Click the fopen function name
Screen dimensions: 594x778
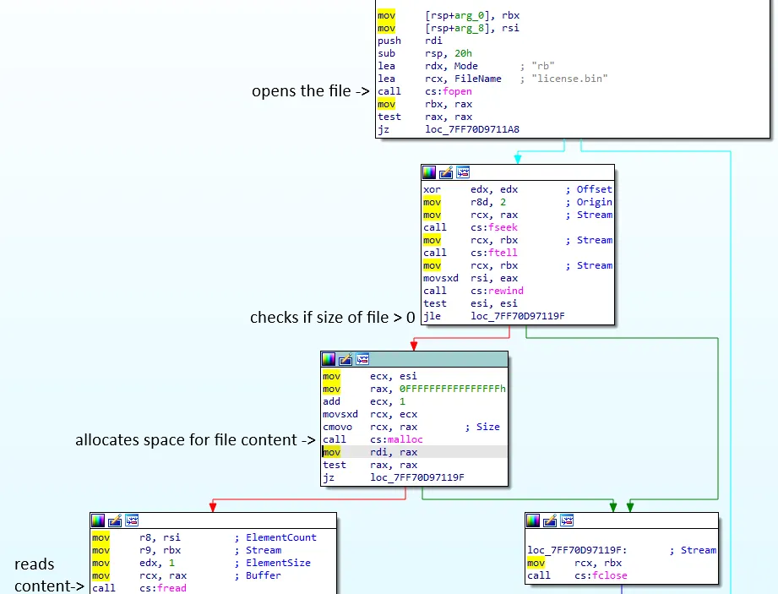click(x=457, y=91)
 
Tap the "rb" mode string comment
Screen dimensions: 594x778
click(x=544, y=66)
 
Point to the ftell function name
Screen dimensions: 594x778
click(x=503, y=253)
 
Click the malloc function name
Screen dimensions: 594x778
click(x=407, y=439)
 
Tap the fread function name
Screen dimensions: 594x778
click(x=171, y=588)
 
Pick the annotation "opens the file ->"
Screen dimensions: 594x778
click(x=310, y=91)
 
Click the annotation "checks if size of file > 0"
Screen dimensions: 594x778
click(x=333, y=318)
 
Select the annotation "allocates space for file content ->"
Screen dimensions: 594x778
click(x=195, y=440)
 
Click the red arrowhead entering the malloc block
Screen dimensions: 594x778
click(x=414, y=345)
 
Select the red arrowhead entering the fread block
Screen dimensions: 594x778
click(x=213, y=507)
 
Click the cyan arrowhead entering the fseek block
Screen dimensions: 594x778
click(x=518, y=158)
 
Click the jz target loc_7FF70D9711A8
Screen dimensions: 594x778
click(x=473, y=129)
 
